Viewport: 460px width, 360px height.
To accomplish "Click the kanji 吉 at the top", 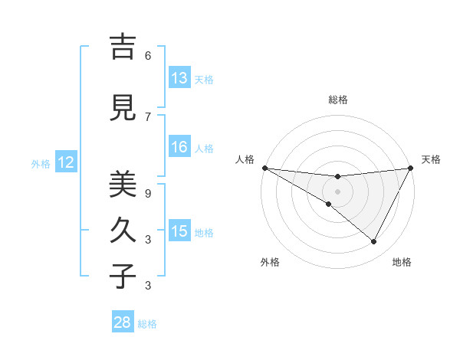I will [123, 47].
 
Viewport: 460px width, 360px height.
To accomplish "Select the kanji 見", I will [123, 108].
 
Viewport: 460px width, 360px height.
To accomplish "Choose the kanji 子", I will [123, 276].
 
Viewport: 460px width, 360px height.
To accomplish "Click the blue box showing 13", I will [179, 78].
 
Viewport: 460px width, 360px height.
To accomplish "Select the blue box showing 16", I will [179, 148].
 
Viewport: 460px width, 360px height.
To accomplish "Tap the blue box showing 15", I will [179, 231].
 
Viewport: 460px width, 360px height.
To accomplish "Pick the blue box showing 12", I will [66, 162].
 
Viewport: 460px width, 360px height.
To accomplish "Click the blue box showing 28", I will [123, 322].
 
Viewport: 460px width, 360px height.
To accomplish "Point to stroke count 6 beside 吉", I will [148, 56].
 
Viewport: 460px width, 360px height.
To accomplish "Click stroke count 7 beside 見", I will [148, 117].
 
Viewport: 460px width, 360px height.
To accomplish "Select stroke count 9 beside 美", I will [148, 194].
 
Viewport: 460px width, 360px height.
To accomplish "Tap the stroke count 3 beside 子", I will [148, 286].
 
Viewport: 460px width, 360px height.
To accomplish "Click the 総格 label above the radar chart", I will [338, 100].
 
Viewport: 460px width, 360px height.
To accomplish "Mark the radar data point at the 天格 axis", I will [411, 168].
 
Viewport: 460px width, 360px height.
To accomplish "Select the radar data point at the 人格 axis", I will [264, 168].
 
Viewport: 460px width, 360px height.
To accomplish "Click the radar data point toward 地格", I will [374, 242].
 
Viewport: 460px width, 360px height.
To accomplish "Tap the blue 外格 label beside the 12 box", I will [41, 163].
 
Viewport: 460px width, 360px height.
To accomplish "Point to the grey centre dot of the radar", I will [337, 191].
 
